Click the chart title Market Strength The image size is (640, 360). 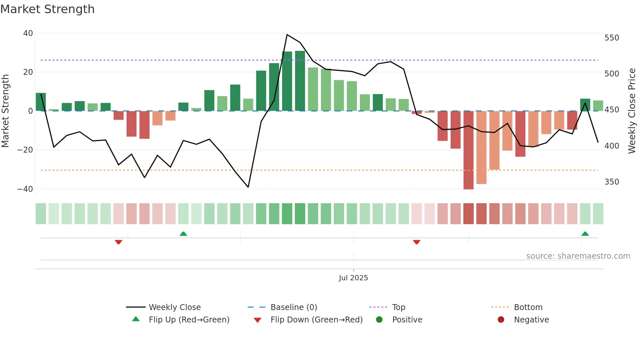pyautogui.click(x=47, y=9)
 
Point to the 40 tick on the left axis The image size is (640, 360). pyautogui.click(x=28, y=33)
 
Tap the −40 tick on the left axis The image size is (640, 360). pyautogui.click(x=25, y=189)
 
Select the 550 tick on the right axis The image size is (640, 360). pyautogui.click(x=612, y=38)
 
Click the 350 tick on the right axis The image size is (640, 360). pyautogui.click(x=612, y=182)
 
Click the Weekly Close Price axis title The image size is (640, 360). pyautogui.click(x=632, y=111)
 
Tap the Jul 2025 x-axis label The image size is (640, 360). pyautogui.click(x=353, y=278)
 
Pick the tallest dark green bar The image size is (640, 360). pyautogui.click(x=300, y=81)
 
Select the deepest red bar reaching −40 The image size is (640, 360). pyautogui.click(x=468, y=150)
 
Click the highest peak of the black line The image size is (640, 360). pyautogui.click(x=287, y=35)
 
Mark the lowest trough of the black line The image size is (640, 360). pyautogui.click(x=248, y=187)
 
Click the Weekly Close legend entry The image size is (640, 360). pyautogui.click(x=175, y=307)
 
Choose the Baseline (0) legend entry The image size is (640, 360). pyautogui.click(x=294, y=307)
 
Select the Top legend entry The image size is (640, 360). pyautogui.click(x=398, y=307)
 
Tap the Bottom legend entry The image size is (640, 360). pyautogui.click(x=528, y=307)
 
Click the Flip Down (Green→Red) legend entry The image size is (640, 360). pyautogui.click(x=316, y=320)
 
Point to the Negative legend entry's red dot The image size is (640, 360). pyautogui.click(x=501, y=320)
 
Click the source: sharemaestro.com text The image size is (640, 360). pyautogui.click(x=578, y=256)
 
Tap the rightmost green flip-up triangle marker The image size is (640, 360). pyautogui.click(x=585, y=234)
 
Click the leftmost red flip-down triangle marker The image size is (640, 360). pyautogui.click(x=119, y=242)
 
